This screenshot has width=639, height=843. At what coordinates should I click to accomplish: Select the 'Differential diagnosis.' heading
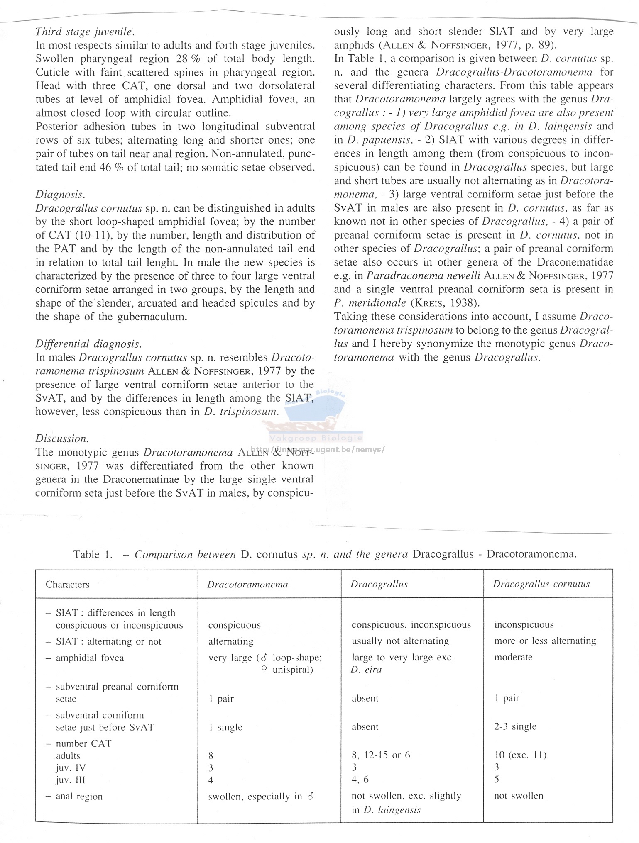(88, 344)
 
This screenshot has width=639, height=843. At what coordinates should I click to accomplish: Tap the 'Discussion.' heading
(62, 439)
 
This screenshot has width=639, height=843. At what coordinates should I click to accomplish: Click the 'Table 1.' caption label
(93, 554)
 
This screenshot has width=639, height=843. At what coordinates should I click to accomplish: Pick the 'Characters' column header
(67, 585)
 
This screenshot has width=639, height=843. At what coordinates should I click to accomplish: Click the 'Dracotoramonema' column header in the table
(247, 585)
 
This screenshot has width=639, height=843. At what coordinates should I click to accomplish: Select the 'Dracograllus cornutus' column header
(541, 584)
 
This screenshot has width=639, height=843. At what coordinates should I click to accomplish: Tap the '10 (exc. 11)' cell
(520, 755)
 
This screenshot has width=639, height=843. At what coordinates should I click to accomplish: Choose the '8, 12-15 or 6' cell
(381, 755)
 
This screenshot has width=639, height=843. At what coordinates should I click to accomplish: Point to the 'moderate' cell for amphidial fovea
(513, 657)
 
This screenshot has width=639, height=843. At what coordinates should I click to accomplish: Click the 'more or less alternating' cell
(545, 641)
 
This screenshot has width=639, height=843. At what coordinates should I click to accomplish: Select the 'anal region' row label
(79, 797)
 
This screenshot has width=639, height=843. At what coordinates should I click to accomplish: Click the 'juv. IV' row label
(71, 767)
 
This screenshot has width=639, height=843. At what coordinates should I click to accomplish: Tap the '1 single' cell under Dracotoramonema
(225, 727)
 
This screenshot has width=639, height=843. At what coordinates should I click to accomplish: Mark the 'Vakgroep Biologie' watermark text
(316, 438)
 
